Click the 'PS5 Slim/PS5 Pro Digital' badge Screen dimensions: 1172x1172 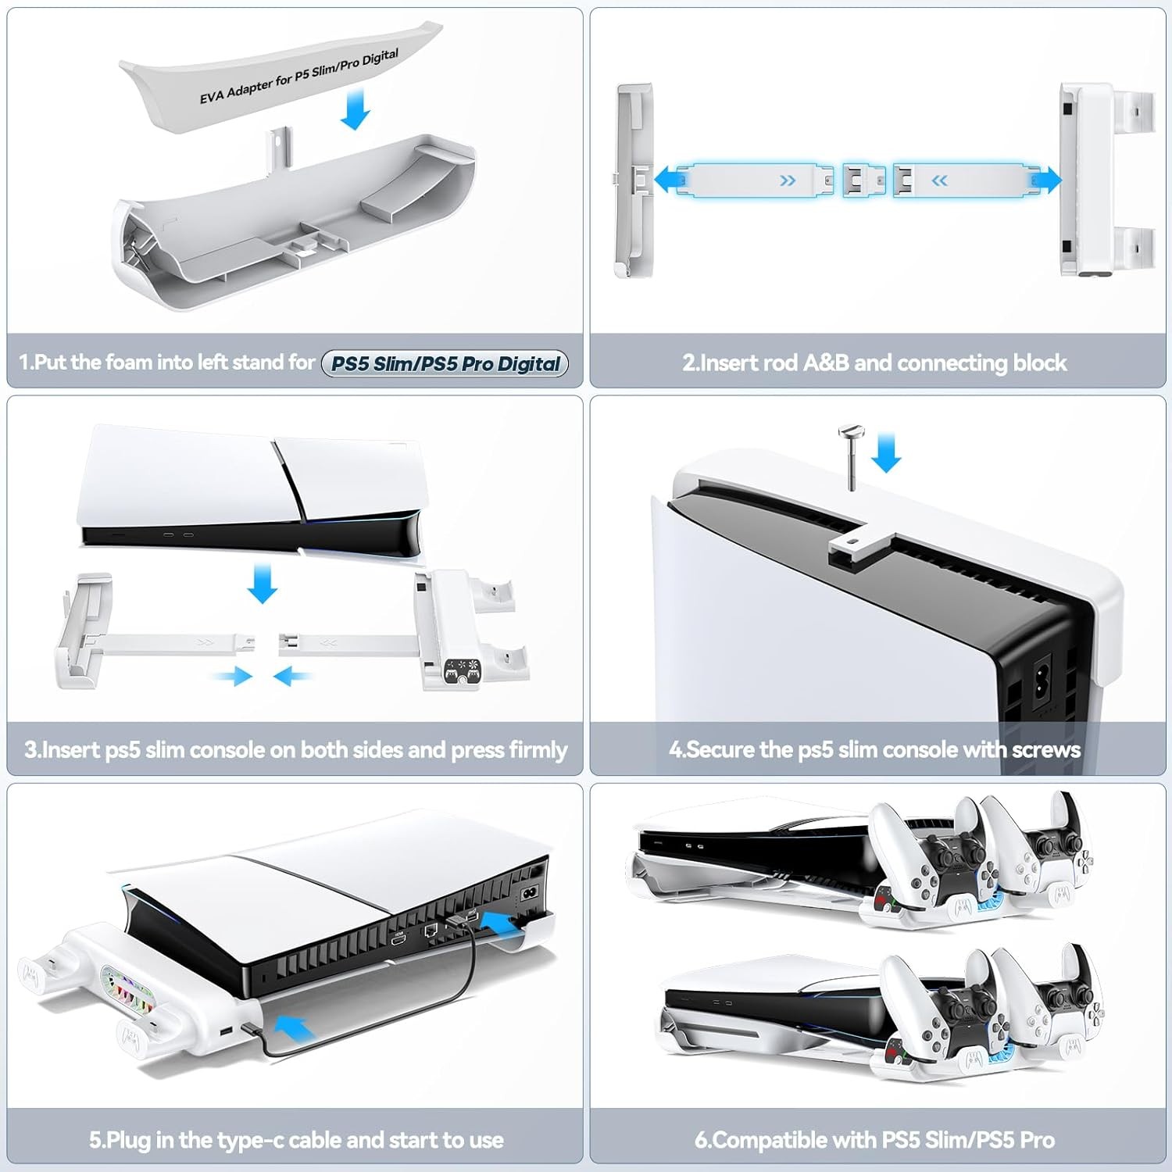(x=445, y=363)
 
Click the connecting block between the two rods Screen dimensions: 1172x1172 (x=863, y=181)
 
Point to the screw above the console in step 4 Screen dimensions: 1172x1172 (x=849, y=456)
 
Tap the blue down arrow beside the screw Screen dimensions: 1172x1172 (x=886, y=452)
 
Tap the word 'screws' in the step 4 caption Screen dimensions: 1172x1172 (x=1046, y=750)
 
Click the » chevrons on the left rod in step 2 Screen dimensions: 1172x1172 (x=788, y=181)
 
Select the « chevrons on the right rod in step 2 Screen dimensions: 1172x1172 (x=939, y=181)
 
